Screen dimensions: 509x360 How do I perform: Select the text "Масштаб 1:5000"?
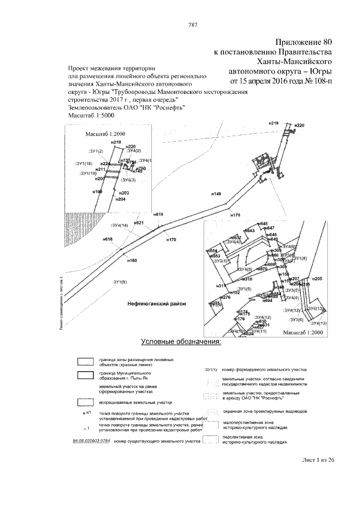(x=91, y=115)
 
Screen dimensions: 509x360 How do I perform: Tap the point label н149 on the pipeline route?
(x=216, y=193)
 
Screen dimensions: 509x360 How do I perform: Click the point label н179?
(x=171, y=240)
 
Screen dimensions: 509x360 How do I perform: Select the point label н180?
(x=132, y=260)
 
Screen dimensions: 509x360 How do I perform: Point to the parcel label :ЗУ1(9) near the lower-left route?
(x=119, y=281)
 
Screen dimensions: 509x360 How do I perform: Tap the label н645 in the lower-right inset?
(x=264, y=224)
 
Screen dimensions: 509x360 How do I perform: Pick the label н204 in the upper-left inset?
(x=120, y=200)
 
